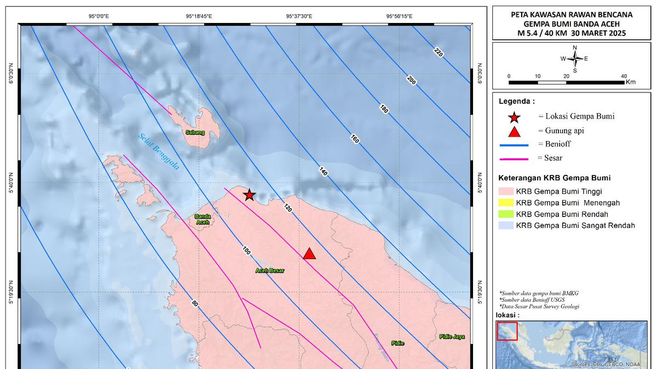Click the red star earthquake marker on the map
[x=249, y=195]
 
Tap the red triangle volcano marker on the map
[x=309, y=254]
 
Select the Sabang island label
[x=195, y=132]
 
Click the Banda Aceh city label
[x=203, y=219]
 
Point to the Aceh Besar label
[x=269, y=270]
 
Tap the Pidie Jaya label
[x=451, y=337]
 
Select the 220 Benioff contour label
[x=438, y=52]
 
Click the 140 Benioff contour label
[x=322, y=172]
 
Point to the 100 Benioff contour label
[x=246, y=250]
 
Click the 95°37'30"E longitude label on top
[x=299, y=16]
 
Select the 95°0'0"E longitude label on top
[x=99, y=16]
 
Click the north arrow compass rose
[x=574, y=58]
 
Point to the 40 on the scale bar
[x=624, y=76]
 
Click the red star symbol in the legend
[x=514, y=117]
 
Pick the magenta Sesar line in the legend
[x=514, y=159]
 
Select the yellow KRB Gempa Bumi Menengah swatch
[x=506, y=203]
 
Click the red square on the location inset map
[x=507, y=330]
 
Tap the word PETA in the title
[x=521, y=15]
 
